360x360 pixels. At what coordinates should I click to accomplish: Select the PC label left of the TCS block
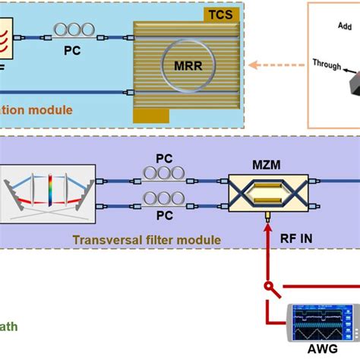coord(71,55)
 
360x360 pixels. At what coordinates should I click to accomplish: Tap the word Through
coord(327,65)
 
